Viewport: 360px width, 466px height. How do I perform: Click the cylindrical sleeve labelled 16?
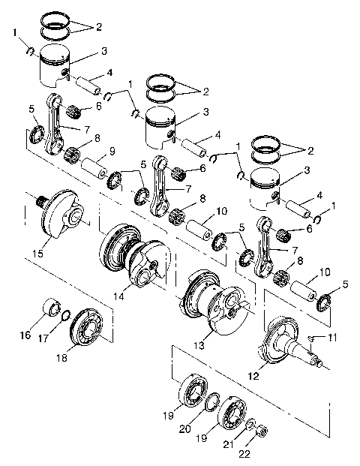tap(52, 309)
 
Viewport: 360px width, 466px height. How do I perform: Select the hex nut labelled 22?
tap(262, 431)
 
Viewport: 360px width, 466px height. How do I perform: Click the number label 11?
tap(332, 339)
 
